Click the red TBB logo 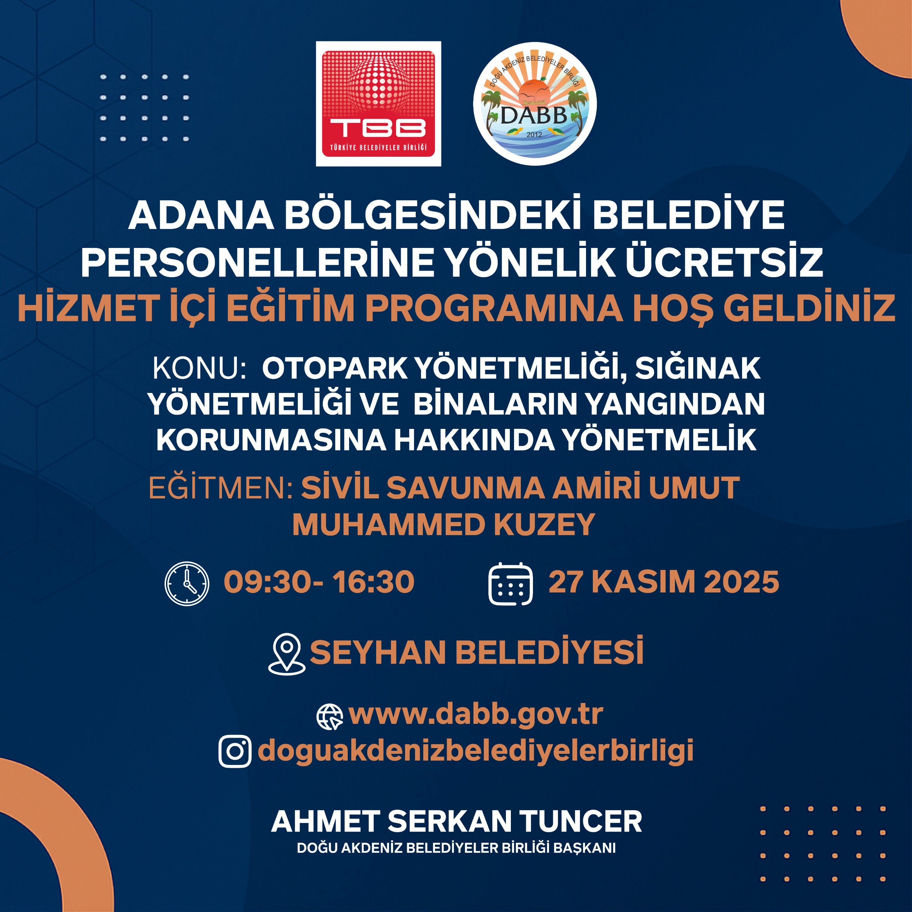[x=378, y=104]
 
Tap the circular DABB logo [x=535, y=104]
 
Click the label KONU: [x=199, y=368]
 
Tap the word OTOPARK [x=335, y=368]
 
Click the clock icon [x=187, y=584]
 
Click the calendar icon [x=510, y=584]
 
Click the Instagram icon [x=235, y=751]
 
